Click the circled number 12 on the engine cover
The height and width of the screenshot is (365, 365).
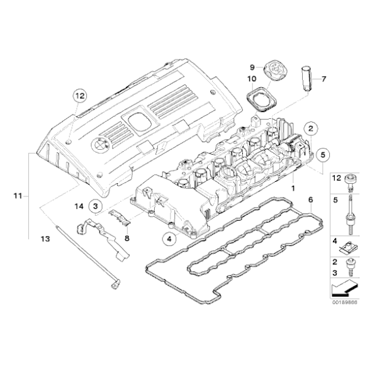(78, 96)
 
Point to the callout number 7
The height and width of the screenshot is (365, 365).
(325, 79)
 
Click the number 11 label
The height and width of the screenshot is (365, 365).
(18, 196)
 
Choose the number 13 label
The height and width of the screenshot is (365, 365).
(45, 239)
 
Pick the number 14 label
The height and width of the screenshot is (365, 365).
(78, 206)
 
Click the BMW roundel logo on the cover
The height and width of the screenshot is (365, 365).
(99, 143)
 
